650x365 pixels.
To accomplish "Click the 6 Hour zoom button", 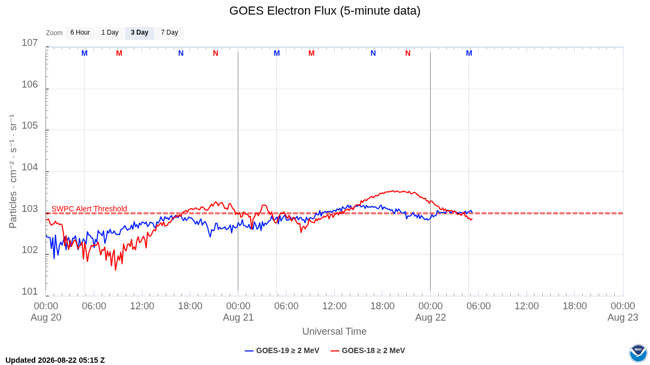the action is tap(80, 33).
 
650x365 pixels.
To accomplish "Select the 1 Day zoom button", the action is tap(110, 33).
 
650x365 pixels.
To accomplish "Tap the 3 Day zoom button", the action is tap(140, 33).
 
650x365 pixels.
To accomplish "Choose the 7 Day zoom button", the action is tap(170, 33).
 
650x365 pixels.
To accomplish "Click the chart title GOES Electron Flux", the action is tap(324, 11).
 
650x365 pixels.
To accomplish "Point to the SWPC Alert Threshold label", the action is tap(89, 209).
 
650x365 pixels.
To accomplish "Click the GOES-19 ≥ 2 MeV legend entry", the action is tap(282, 350).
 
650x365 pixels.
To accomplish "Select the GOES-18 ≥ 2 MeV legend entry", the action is tap(368, 350).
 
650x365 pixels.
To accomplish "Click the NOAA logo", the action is tap(638, 353).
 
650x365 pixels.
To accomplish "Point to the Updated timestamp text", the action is tap(55, 360).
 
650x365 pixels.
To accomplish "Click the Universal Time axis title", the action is tap(334, 331).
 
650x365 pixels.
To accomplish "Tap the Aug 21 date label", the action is tap(238, 317).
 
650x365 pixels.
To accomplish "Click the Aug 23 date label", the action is tap(623, 317).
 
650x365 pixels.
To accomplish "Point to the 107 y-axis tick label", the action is tap(30, 43).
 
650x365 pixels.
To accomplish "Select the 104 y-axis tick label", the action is tap(30, 167).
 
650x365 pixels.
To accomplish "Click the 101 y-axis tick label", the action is tap(30, 291).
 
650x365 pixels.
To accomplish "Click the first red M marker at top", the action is tap(119, 54).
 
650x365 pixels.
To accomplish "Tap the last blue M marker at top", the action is tap(469, 54).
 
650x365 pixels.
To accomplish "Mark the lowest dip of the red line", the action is tap(115, 270).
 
